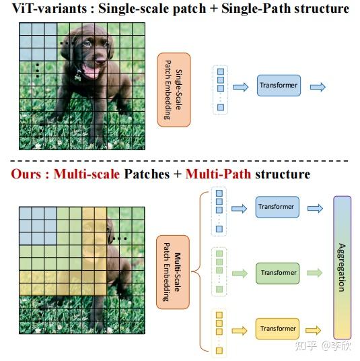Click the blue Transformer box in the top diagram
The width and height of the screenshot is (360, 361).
(278, 86)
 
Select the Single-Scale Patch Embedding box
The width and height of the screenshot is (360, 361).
(174, 90)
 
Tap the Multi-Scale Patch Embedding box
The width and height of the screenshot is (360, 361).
(173, 272)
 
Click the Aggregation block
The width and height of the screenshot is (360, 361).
(342, 267)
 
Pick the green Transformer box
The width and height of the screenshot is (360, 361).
(277, 273)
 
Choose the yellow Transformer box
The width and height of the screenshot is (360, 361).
(277, 329)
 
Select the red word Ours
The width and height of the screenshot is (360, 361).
(27, 174)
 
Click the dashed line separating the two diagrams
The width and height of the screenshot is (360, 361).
(180, 160)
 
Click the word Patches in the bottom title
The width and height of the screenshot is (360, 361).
(145, 174)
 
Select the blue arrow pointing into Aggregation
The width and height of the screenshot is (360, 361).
(314, 208)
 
